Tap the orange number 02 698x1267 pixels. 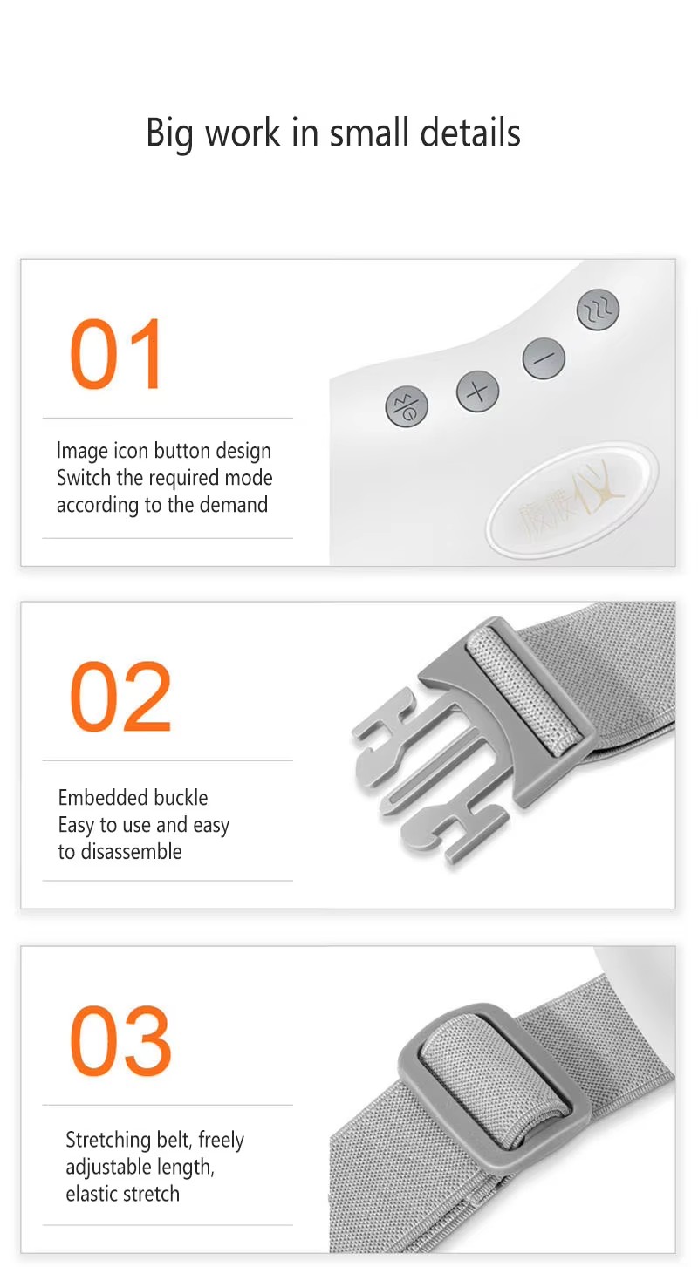pyautogui.click(x=120, y=696)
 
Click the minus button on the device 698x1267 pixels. pyautogui.click(x=544, y=358)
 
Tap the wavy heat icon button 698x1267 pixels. pyautogui.click(x=598, y=310)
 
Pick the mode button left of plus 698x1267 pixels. pyautogui.click(x=406, y=406)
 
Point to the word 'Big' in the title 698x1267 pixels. pyautogui.click(x=170, y=134)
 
